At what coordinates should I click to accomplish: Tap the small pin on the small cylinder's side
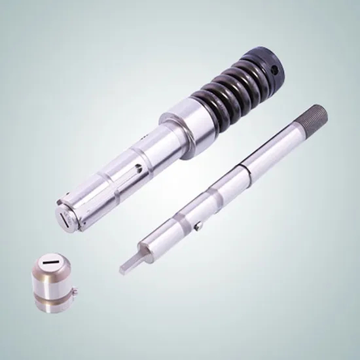tap(77, 293)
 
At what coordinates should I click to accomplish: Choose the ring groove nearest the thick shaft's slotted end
tap(88, 200)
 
